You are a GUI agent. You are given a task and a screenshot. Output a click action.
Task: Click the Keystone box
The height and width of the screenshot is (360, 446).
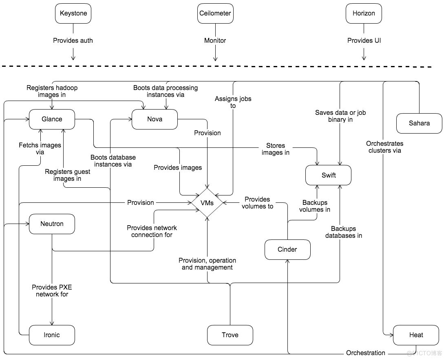tap(73, 13)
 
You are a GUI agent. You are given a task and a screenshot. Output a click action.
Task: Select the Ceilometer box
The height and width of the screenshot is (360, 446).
tap(215, 13)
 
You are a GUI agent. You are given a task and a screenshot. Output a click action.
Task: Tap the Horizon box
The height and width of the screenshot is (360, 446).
tap(364, 13)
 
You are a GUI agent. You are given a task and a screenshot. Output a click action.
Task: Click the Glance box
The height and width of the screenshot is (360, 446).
tap(52, 119)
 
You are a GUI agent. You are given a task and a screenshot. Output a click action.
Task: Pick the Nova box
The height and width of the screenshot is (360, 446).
tap(155, 119)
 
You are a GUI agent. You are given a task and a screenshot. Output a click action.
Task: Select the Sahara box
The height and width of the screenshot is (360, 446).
tap(419, 123)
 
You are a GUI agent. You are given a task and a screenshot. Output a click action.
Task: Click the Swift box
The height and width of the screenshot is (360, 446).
tap(329, 176)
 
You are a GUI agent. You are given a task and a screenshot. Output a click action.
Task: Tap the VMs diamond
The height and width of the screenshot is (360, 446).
tap(207, 203)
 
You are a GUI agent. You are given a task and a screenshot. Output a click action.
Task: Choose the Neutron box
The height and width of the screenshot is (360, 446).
tap(52, 224)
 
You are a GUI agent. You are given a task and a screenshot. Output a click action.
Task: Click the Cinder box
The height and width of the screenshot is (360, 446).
tap(287, 250)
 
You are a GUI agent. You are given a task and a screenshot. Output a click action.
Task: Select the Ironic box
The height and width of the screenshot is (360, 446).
tap(52, 335)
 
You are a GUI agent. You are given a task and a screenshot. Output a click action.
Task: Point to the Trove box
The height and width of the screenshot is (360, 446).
tap(230, 335)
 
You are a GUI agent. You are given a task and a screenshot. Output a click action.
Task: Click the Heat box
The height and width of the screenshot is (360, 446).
tap(416, 335)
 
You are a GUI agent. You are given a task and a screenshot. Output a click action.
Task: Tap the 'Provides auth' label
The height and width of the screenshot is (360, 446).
tap(73, 41)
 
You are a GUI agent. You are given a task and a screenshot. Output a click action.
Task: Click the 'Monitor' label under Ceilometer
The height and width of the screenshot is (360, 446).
tap(215, 41)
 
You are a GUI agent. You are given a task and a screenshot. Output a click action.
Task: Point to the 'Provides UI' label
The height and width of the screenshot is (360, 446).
tap(364, 41)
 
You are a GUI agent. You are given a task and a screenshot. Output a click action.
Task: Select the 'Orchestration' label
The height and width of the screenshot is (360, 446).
tap(366, 353)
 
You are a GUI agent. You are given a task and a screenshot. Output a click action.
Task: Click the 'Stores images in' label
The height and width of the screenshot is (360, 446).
tap(276, 149)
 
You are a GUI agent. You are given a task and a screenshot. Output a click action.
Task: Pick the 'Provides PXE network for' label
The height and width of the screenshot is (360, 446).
tap(52, 291)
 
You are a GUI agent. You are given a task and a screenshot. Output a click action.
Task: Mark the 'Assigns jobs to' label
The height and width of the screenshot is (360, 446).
tap(233, 102)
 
